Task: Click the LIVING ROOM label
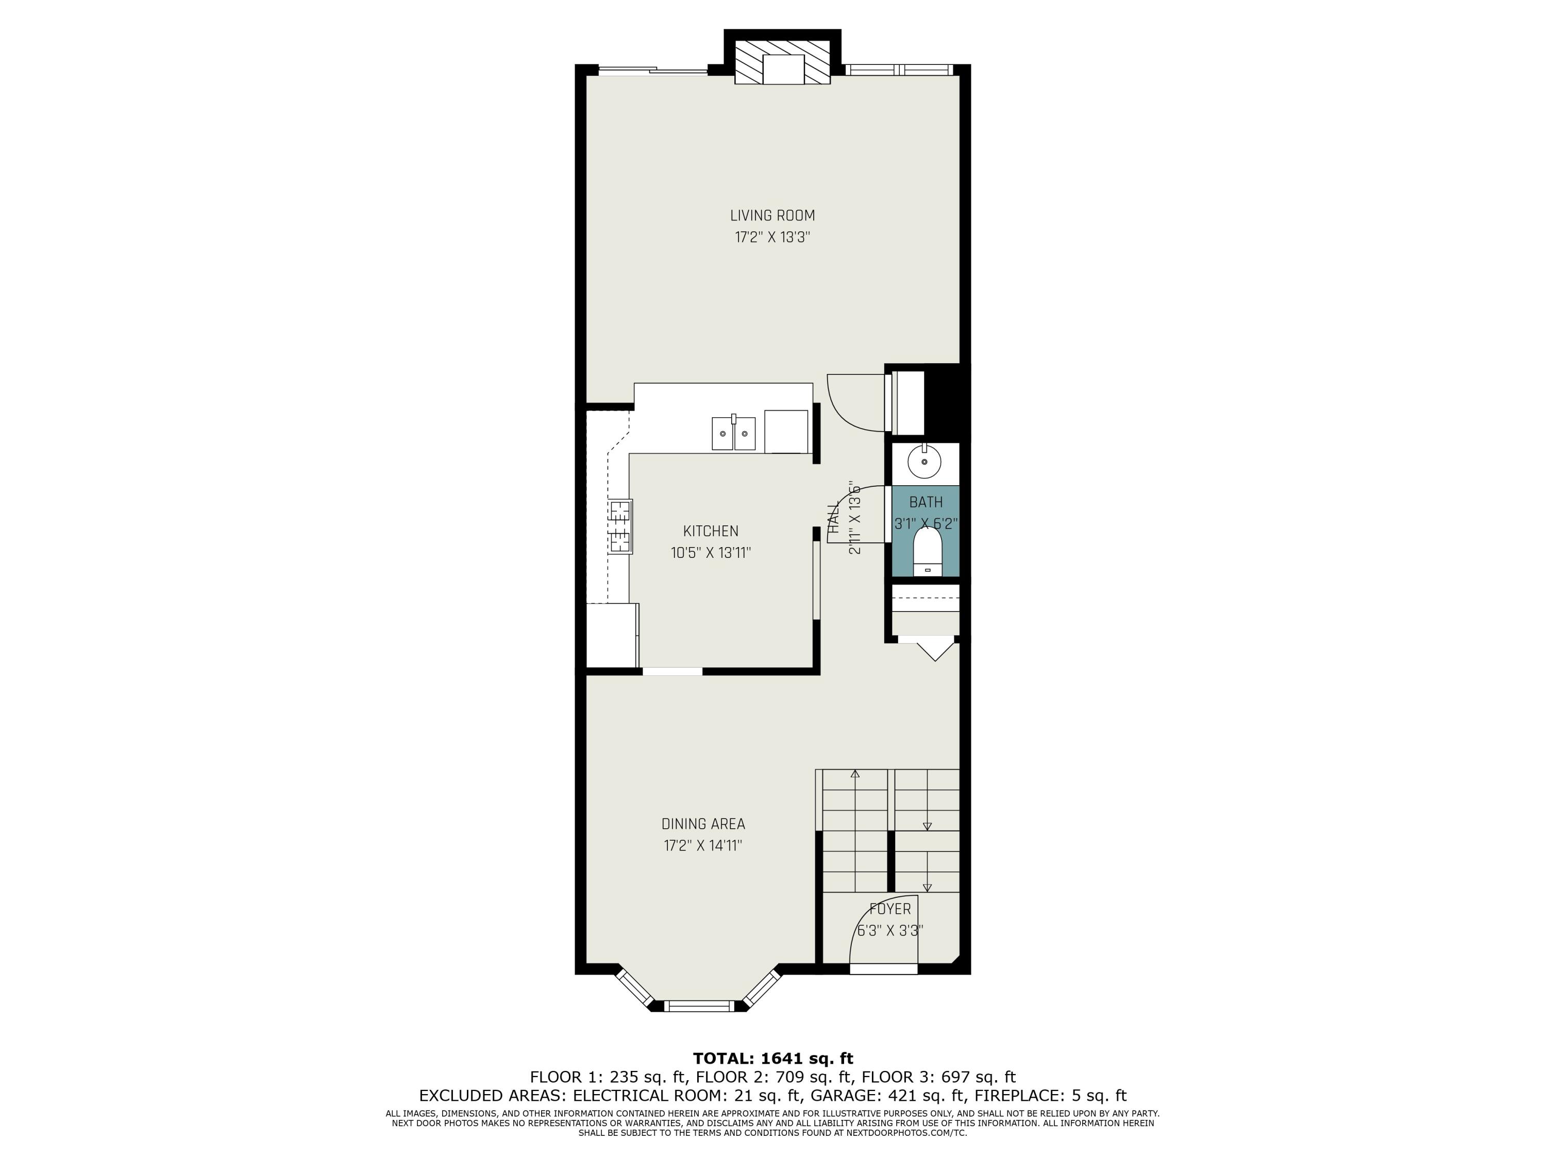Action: pos(772,216)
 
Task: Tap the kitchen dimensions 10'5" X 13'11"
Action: pos(711,553)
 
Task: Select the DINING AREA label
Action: pos(703,824)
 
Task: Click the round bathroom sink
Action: pos(924,462)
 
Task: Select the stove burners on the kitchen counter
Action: pos(619,526)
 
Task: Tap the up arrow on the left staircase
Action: pos(855,774)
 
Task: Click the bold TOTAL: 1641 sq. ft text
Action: pos(772,1059)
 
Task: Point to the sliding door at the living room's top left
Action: pos(653,70)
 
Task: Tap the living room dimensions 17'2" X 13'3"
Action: pos(772,237)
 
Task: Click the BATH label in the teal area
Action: pos(926,502)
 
